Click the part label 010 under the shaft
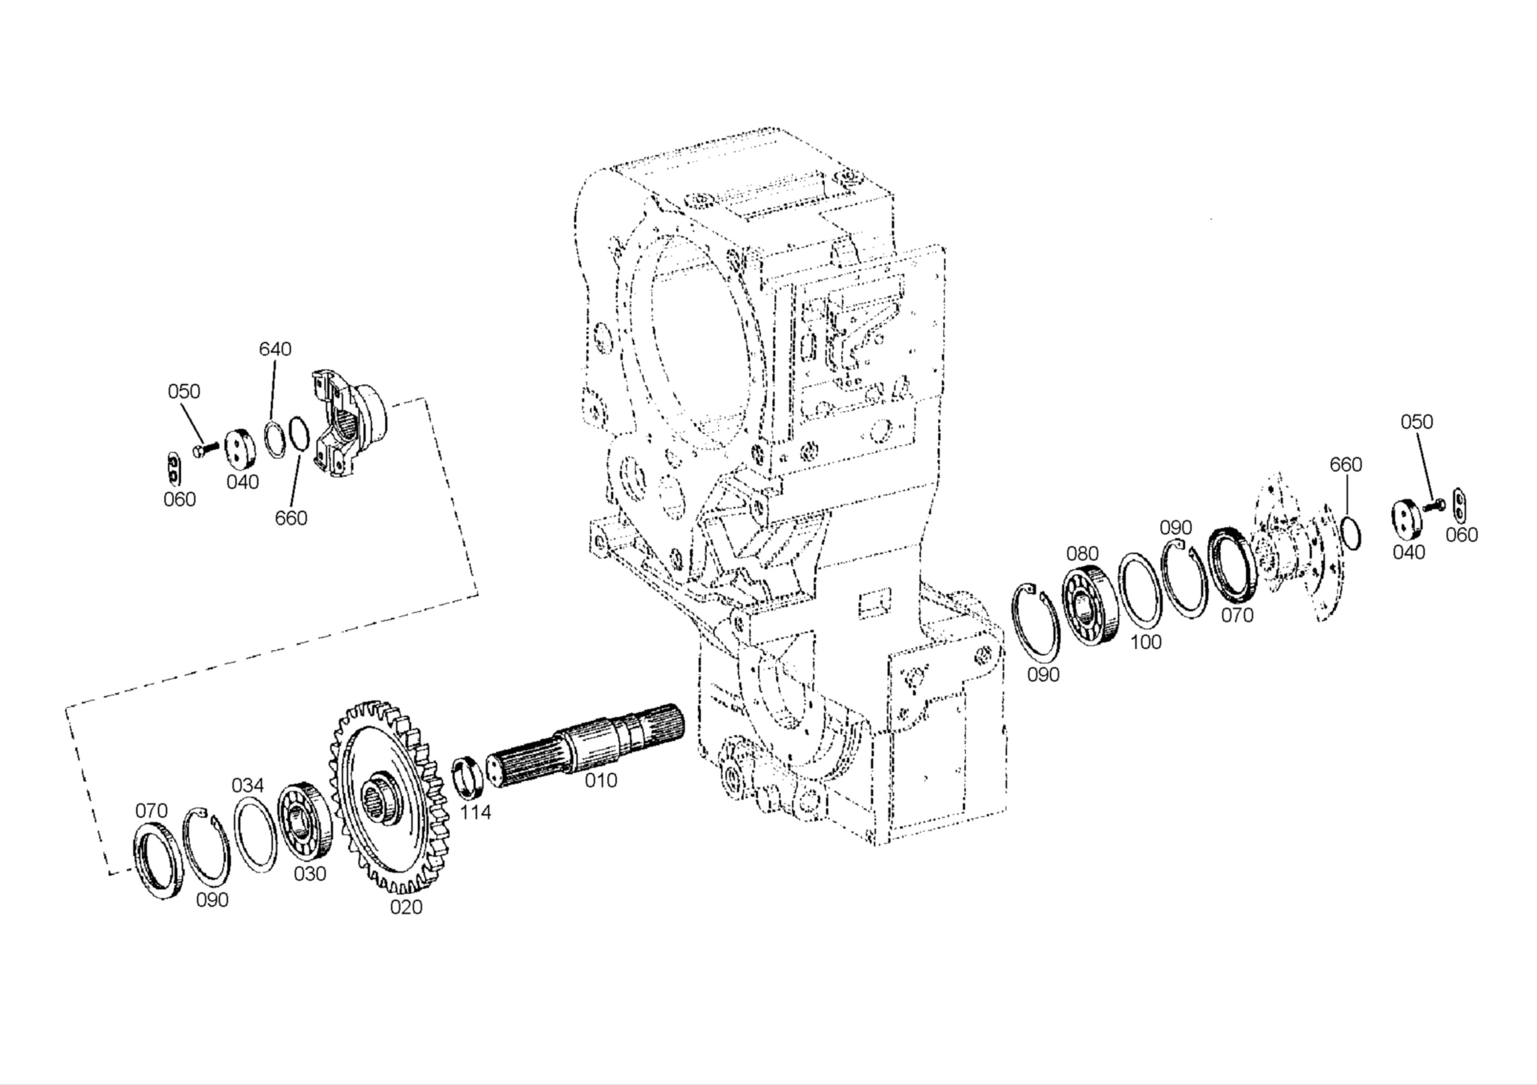[601, 781]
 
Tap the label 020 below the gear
[406, 907]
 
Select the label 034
[248, 785]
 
